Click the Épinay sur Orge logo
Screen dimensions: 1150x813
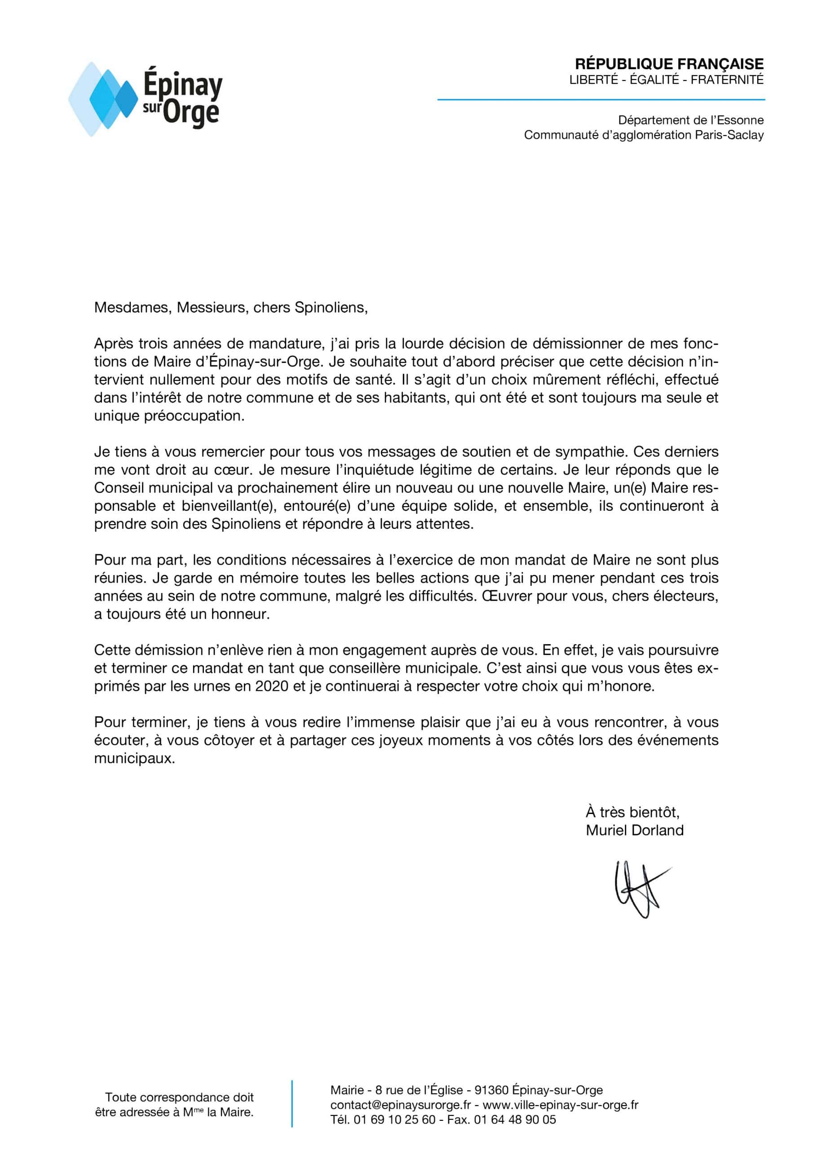point(145,99)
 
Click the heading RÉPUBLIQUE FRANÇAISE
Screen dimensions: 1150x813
point(669,64)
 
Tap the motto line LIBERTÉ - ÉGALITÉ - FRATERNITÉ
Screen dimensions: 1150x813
point(666,80)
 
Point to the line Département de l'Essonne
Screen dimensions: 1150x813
point(691,120)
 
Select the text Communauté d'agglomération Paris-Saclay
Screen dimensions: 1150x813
point(644,135)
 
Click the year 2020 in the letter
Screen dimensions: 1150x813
point(271,686)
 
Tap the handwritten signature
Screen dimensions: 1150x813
point(639,889)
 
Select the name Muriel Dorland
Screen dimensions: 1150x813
point(634,831)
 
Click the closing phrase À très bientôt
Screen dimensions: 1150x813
point(632,812)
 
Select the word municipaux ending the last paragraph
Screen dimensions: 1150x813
point(135,758)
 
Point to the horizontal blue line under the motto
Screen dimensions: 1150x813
point(601,100)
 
